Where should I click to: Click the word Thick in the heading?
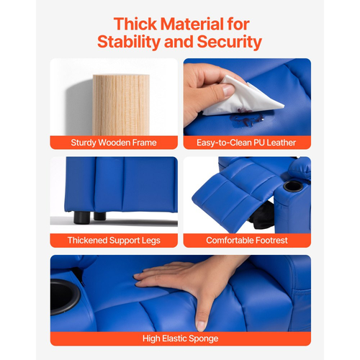[135, 24]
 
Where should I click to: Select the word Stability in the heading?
[129, 42]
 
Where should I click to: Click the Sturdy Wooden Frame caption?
[114, 143]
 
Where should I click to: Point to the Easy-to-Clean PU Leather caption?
[246, 143]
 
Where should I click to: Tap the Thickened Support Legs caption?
[114, 240]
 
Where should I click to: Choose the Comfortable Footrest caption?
[247, 240]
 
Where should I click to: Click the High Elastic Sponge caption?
[181, 338]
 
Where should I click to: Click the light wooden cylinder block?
[121, 105]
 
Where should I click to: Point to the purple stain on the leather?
[247, 118]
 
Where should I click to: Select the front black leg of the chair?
[81, 217]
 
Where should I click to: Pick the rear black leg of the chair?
[99, 216]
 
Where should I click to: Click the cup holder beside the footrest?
[293, 186]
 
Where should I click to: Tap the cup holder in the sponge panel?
[64, 297]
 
